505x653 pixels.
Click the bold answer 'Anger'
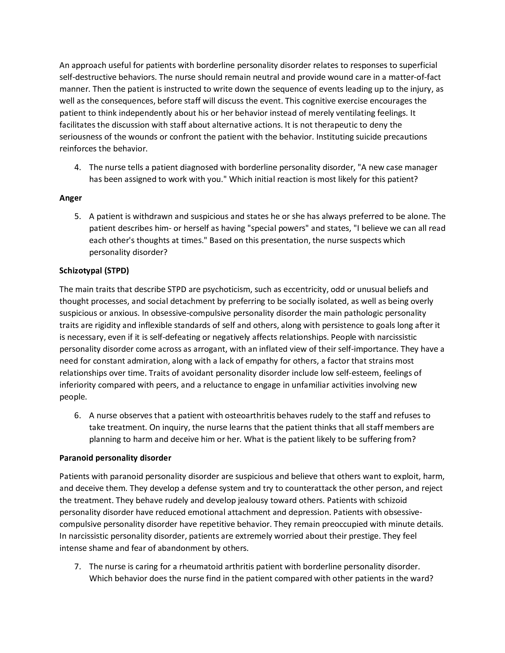71,198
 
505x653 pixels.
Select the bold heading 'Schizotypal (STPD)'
94,271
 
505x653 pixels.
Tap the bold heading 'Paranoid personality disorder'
115,458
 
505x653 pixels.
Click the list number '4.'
78,167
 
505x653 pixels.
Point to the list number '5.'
78,216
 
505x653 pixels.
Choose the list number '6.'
78,415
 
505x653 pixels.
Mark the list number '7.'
78,567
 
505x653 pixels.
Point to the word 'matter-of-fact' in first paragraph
415,77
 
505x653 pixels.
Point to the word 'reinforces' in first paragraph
78,149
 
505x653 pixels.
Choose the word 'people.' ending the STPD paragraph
73,397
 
